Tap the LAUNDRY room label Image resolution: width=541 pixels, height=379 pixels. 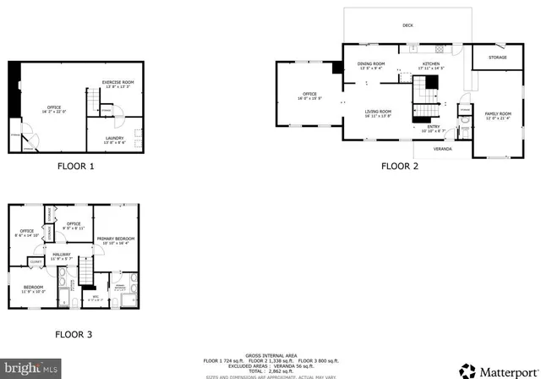pyautogui.click(x=115, y=140)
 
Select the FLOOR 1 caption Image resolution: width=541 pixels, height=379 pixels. pyautogui.click(x=75, y=167)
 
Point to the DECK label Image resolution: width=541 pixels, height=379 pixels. pyautogui.click(x=407, y=25)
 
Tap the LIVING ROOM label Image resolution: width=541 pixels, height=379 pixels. pyautogui.click(x=378, y=113)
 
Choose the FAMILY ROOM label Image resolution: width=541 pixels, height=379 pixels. pyautogui.click(x=498, y=115)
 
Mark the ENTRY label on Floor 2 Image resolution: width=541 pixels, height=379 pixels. pyautogui.click(x=433, y=128)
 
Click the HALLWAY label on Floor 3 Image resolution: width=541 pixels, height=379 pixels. pyautogui.click(x=62, y=255)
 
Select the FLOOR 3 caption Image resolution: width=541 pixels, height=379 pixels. pyautogui.click(x=74, y=335)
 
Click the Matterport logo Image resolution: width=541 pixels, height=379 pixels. pyautogui.click(x=498, y=370)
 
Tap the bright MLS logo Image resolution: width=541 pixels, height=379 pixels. pyautogui.click(x=31, y=369)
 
